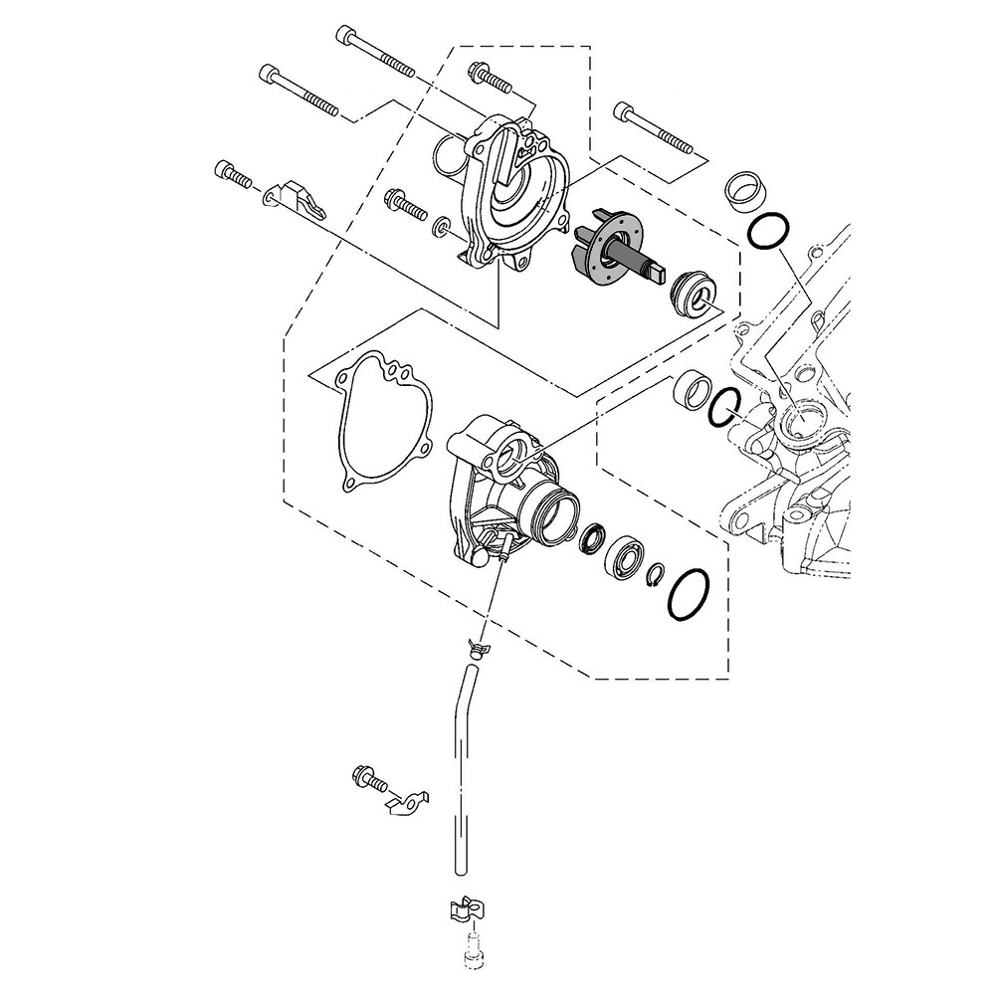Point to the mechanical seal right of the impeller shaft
pos(694,294)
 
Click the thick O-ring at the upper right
pos(768,230)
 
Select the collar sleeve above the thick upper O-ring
pos(739,189)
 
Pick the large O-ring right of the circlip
pos(688,595)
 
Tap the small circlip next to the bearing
pos(656,574)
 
